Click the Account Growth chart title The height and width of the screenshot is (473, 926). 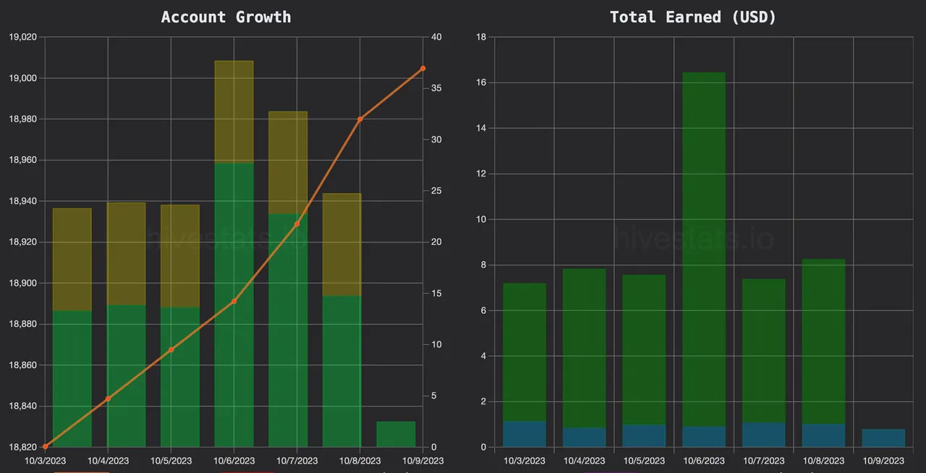[x=226, y=17]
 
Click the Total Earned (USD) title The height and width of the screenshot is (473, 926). [x=692, y=17]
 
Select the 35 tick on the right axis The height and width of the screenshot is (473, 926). [x=437, y=88]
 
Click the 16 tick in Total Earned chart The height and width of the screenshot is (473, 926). [x=481, y=82]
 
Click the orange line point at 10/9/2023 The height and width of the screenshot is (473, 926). [x=423, y=69]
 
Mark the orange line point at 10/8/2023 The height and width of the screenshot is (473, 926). [x=360, y=119]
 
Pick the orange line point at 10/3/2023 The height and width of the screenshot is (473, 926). [x=46, y=446]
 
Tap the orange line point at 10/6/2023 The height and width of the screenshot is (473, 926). [x=234, y=301]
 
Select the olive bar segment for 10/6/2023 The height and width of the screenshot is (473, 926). [x=234, y=112]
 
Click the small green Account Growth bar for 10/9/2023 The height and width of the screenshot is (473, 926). [x=396, y=434]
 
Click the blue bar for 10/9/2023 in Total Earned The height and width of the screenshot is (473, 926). [x=883, y=438]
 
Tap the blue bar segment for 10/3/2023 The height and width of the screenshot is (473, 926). [x=524, y=434]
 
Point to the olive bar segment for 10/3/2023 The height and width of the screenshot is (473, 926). [x=72, y=260]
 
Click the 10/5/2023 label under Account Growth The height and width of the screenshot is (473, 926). [x=171, y=461]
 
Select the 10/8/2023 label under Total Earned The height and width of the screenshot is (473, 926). [x=823, y=461]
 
